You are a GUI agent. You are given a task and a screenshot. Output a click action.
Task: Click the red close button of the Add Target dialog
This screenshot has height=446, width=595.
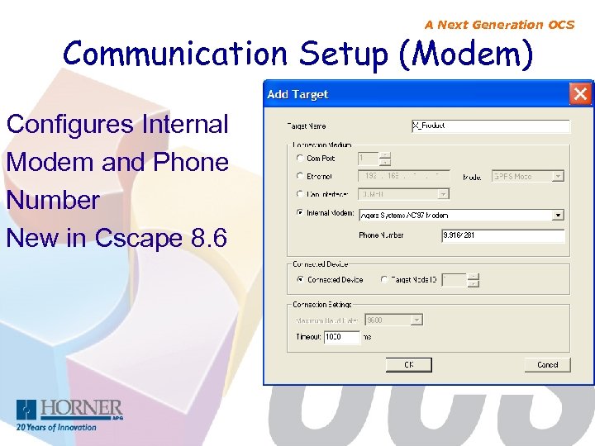(x=581, y=93)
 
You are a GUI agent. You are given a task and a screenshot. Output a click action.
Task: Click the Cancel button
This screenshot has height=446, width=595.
(x=547, y=364)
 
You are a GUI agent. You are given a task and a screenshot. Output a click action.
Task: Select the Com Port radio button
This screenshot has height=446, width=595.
(x=299, y=158)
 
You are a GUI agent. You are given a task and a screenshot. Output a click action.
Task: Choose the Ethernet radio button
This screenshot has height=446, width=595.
(x=299, y=176)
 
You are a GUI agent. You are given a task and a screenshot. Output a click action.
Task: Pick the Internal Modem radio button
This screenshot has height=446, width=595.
(x=299, y=213)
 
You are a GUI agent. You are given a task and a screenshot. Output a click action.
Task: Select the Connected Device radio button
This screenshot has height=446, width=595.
(x=299, y=280)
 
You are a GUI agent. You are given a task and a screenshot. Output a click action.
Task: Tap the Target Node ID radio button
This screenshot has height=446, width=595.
(x=384, y=280)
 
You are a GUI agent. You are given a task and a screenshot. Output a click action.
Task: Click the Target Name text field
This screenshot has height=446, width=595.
(x=490, y=126)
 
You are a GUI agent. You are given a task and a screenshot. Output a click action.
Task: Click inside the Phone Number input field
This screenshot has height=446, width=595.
(x=502, y=235)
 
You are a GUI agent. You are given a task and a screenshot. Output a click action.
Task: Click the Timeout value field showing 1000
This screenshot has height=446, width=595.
(x=341, y=337)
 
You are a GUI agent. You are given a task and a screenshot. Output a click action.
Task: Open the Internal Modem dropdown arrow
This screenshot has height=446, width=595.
(x=559, y=215)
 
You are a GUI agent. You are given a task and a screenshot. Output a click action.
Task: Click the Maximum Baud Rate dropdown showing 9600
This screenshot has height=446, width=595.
(x=393, y=320)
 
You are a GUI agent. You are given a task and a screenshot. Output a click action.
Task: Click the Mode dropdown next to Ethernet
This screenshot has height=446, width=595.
(x=527, y=176)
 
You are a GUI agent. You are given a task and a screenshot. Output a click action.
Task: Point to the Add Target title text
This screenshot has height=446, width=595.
(x=297, y=94)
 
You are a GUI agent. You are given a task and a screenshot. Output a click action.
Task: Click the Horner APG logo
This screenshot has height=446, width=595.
(x=69, y=414)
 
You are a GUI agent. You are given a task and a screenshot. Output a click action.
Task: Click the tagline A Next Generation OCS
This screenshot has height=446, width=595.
(x=499, y=25)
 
